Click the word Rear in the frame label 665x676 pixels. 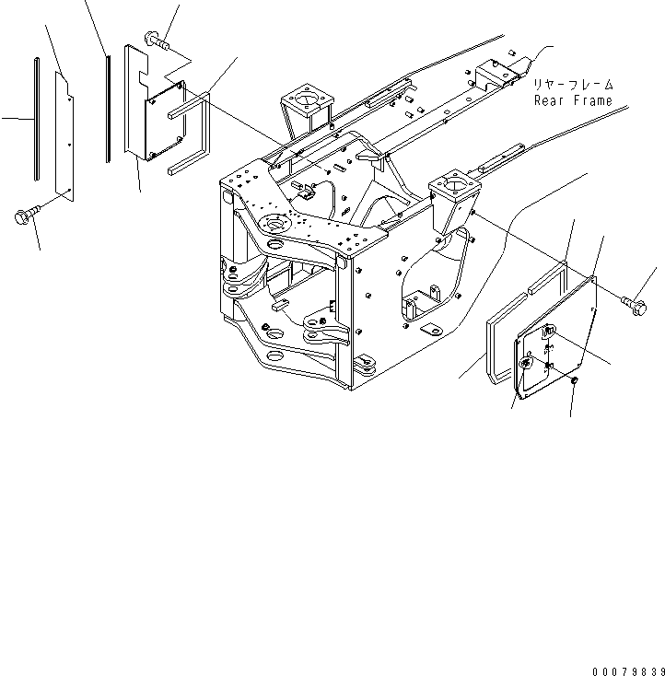pos(550,100)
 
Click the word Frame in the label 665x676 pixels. pos(592,100)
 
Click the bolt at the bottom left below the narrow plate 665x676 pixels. pos(24,216)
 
